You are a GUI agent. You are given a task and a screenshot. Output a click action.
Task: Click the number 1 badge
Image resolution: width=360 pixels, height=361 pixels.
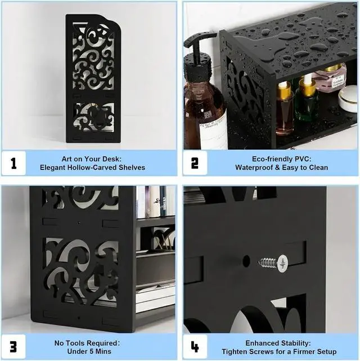pyautogui.click(x=13, y=163)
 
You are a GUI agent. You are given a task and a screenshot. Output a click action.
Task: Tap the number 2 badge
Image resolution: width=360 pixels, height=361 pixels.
pyautogui.click(x=195, y=163)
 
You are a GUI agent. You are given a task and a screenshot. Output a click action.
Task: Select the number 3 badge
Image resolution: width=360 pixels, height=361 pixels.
pyautogui.click(x=13, y=347)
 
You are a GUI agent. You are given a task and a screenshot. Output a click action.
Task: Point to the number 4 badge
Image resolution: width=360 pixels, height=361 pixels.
pyautogui.click(x=195, y=347)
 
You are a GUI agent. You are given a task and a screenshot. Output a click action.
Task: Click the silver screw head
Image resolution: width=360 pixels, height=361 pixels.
pyautogui.click(x=282, y=264)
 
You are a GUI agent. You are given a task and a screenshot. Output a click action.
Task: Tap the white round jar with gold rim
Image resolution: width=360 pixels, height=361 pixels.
pyautogui.click(x=348, y=99)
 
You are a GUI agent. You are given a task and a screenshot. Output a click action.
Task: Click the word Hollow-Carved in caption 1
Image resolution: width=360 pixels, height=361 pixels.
pyautogui.click(x=92, y=168)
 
